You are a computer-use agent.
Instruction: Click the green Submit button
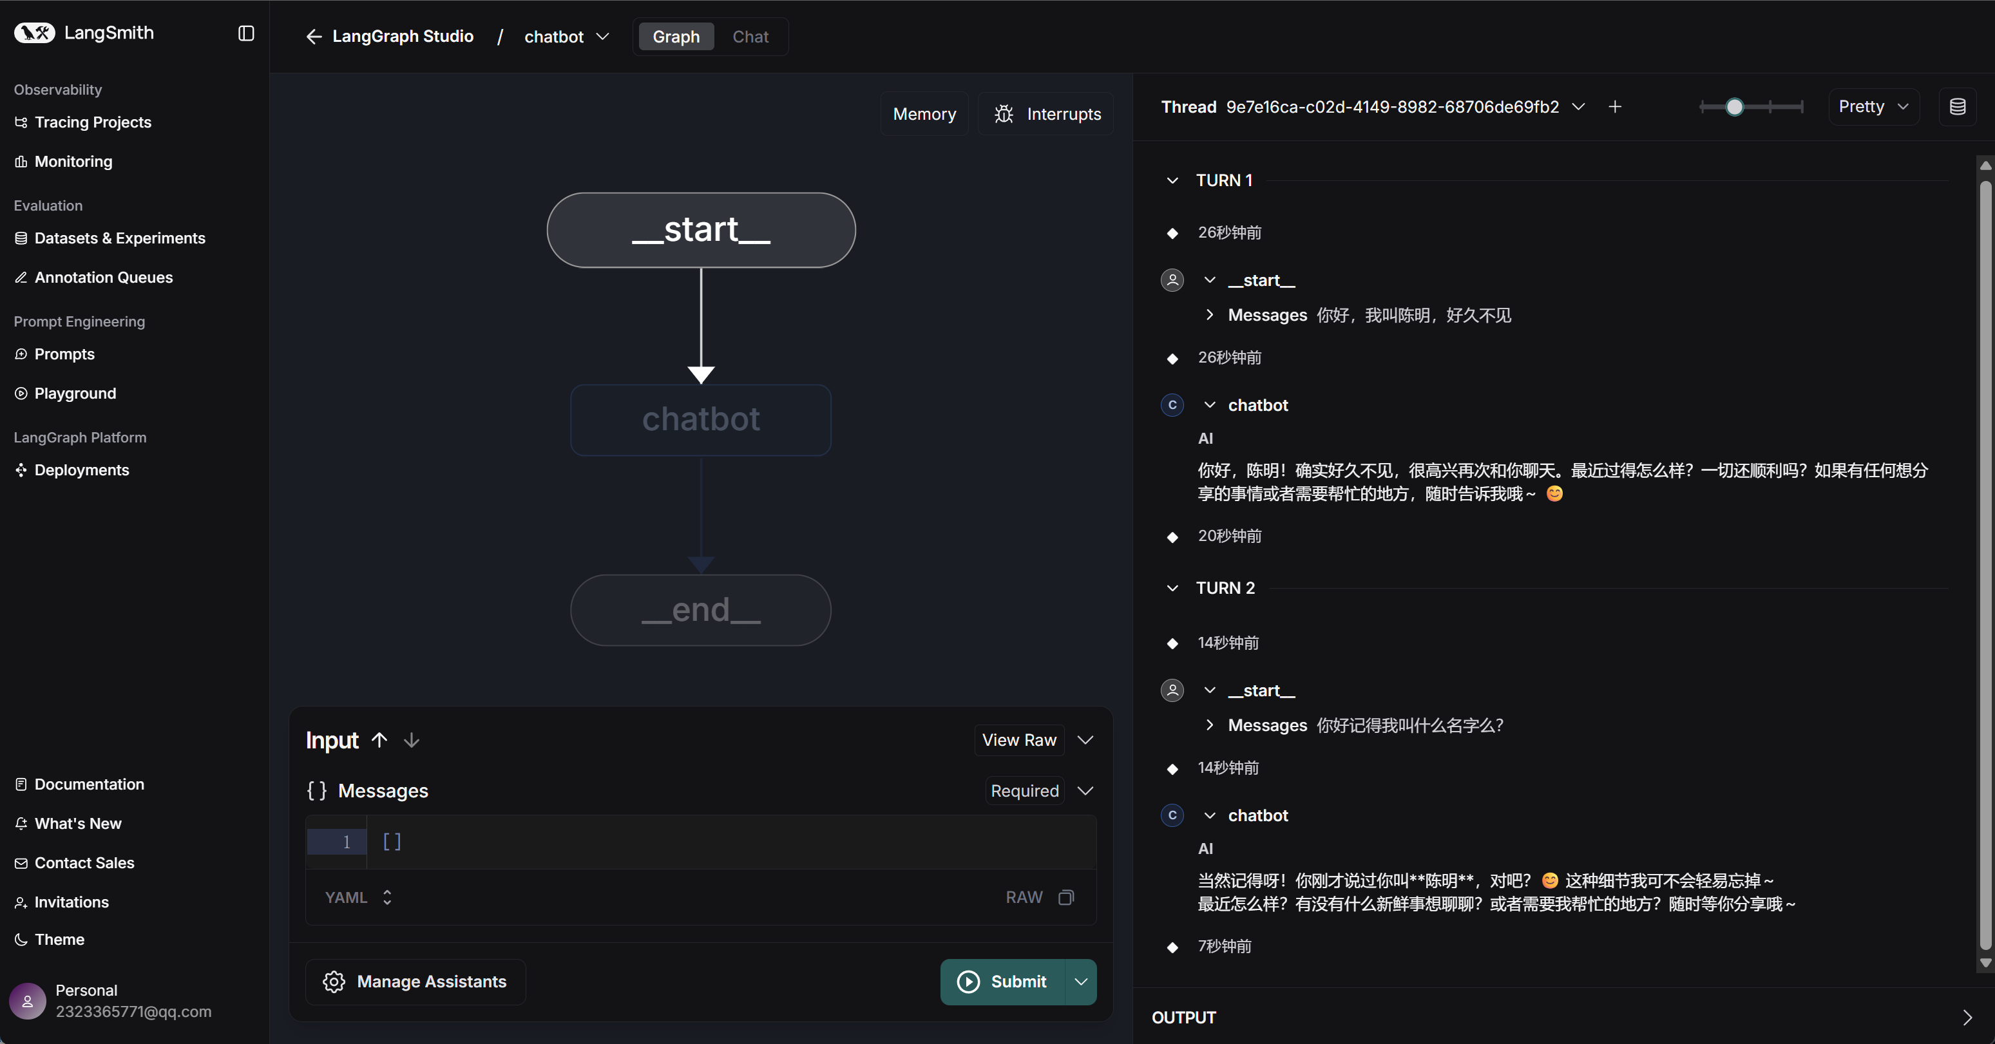coord(1003,982)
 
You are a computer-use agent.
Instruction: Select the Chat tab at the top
coord(750,37)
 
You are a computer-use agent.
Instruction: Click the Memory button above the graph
coord(924,114)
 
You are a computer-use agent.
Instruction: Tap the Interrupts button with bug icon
coord(1046,114)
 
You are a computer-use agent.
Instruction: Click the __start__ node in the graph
coord(701,230)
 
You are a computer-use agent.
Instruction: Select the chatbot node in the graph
coord(701,420)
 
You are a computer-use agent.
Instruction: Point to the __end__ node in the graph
coord(701,611)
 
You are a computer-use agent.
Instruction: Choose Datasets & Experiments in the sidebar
coord(110,238)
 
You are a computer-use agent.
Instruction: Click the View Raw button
coord(1018,741)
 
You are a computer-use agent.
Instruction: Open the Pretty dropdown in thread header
coord(1873,107)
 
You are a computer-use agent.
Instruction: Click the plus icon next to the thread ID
coord(1615,107)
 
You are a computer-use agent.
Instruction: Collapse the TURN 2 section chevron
coord(1172,589)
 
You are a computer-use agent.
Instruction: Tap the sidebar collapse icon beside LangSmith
coord(246,33)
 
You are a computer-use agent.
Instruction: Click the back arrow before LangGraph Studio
coord(314,37)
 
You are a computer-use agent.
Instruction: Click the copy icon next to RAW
coord(1067,898)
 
